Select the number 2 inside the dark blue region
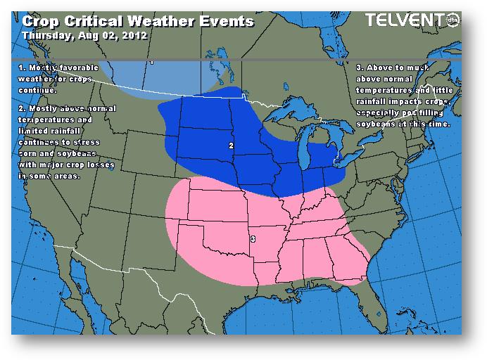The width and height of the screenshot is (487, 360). tap(231, 146)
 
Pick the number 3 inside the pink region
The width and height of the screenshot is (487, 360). tap(253, 240)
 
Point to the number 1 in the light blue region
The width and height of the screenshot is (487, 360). tap(151, 63)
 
